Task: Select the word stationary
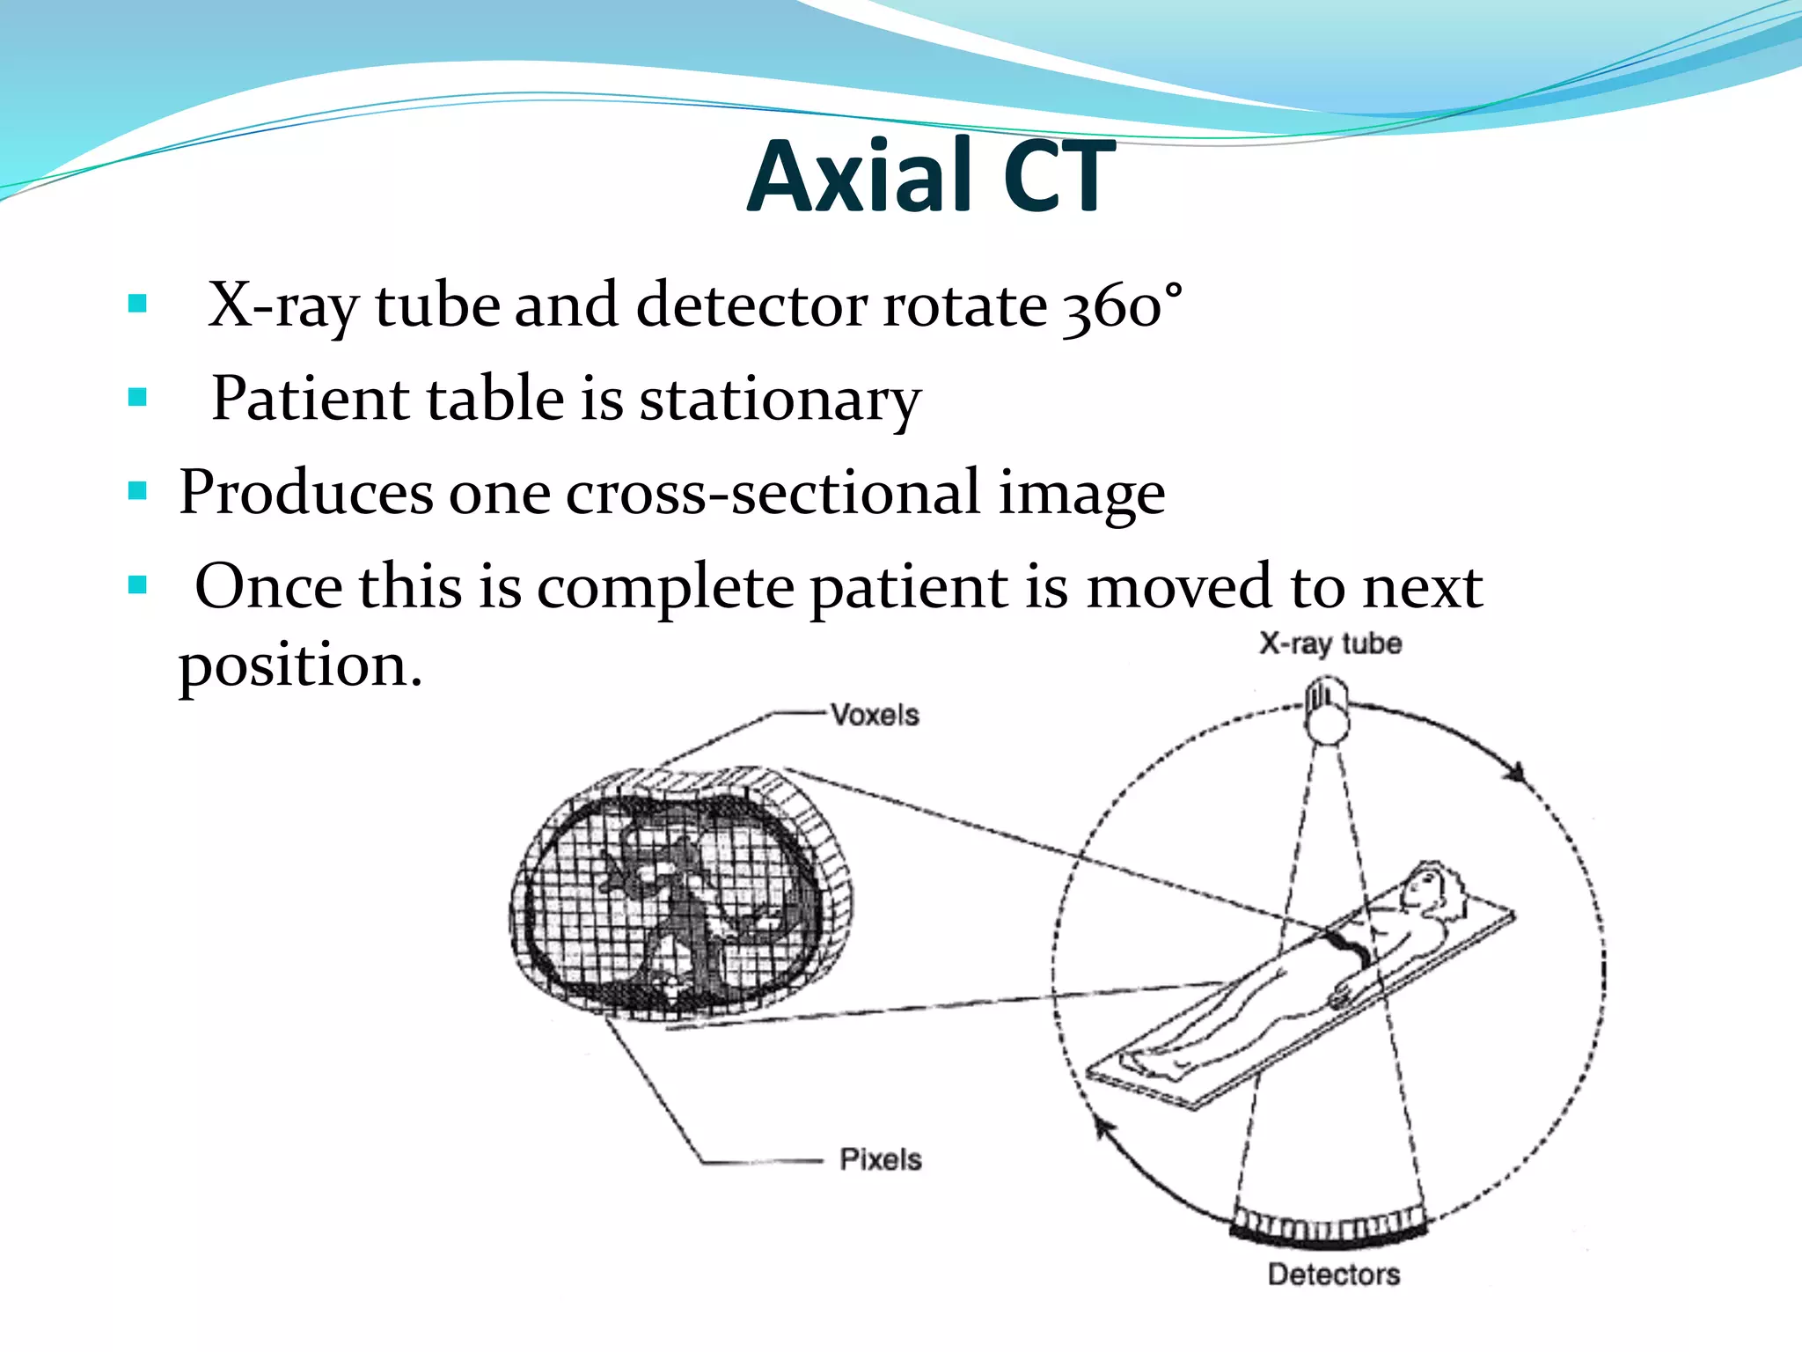pyautogui.click(x=780, y=400)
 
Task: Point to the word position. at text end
pyautogui.click(x=300, y=666)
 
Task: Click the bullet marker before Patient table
pyautogui.click(x=137, y=398)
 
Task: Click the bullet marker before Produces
pyautogui.click(x=137, y=491)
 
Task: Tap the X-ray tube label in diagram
pyautogui.click(x=1330, y=643)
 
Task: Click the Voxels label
pyautogui.click(x=875, y=715)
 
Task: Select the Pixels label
pyautogui.click(x=880, y=1159)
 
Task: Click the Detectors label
pyautogui.click(x=1333, y=1274)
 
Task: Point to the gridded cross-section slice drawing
pyautogui.click(x=679, y=893)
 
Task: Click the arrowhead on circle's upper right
pyautogui.click(x=1515, y=773)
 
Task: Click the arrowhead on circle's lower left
pyautogui.click(x=1101, y=1128)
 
